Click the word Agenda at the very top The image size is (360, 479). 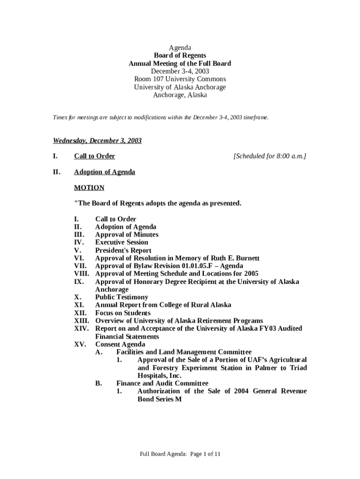180,47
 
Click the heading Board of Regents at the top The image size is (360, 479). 180,55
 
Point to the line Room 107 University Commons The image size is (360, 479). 180,79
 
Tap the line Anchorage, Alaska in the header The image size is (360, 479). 180,95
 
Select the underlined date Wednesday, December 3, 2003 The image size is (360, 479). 97,141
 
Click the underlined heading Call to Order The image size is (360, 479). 94,156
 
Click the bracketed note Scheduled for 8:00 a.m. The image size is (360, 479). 270,156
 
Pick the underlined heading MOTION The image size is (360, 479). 89,188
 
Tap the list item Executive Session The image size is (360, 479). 122,242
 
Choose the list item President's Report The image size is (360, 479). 123,250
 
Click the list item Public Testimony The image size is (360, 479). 122,297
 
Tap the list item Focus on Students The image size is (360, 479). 123,312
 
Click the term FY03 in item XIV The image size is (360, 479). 270,328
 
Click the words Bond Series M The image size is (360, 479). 159,399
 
